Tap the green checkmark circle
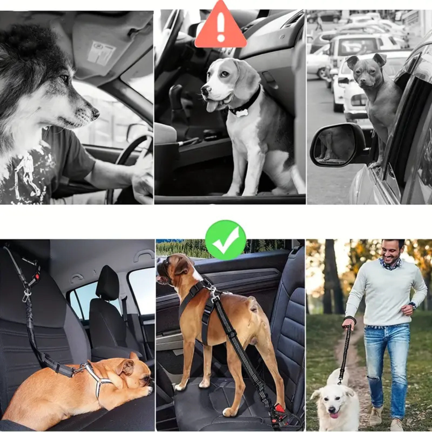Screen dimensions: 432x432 tap(226, 240)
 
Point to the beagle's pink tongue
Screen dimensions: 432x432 tap(212, 106)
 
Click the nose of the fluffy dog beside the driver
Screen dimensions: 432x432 tap(95, 113)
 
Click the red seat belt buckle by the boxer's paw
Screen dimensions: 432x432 tap(280, 408)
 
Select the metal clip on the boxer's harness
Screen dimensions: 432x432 tap(213, 291)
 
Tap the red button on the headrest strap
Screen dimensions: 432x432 tap(37, 275)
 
